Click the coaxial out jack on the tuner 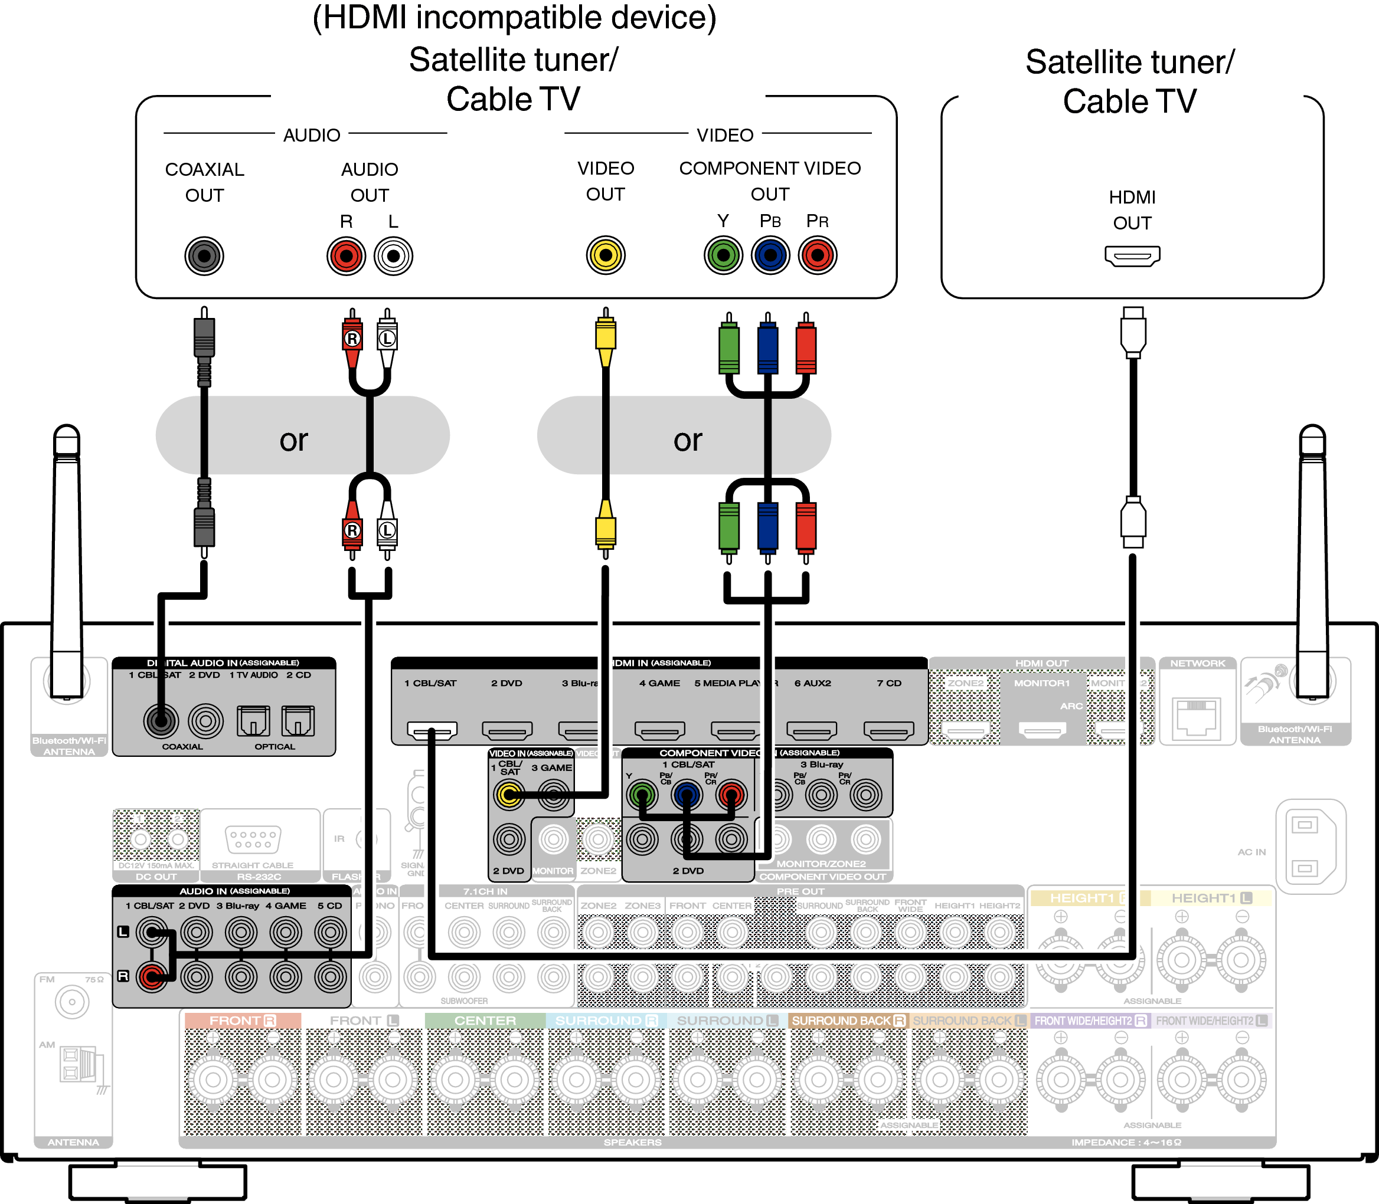tap(204, 256)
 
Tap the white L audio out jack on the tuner tap(393, 256)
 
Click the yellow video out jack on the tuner tap(605, 255)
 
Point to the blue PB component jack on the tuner tap(770, 255)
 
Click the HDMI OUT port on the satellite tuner tap(1132, 256)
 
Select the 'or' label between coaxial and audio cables tap(294, 440)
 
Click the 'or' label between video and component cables tap(688, 440)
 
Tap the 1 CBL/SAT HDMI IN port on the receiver tap(432, 730)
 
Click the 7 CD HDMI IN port tap(888, 730)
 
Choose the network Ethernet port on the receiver tap(1197, 717)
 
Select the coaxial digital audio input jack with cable tap(161, 721)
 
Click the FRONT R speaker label tap(242, 1021)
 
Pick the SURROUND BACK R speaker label tap(848, 1021)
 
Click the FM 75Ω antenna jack tap(71, 1002)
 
